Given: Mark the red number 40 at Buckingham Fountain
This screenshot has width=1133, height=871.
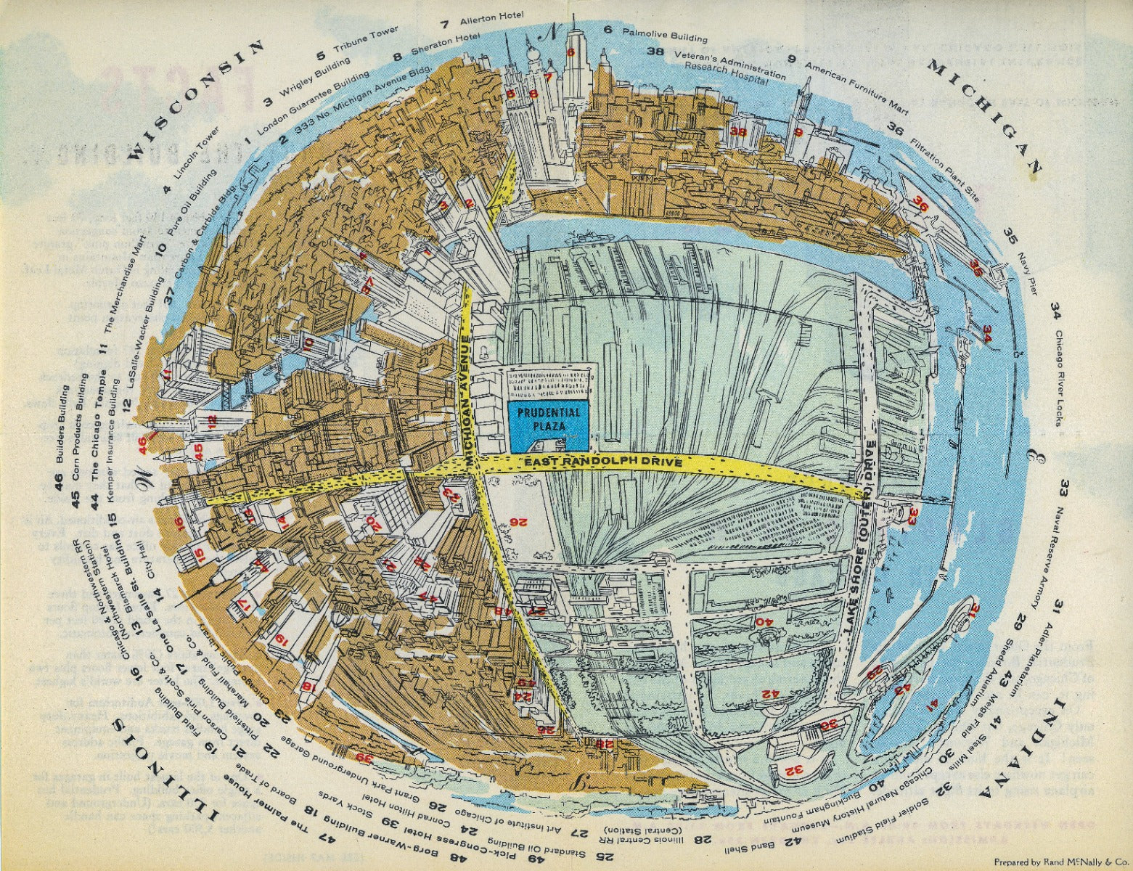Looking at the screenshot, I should [x=763, y=621].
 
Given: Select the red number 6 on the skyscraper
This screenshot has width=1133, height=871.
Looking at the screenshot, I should [x=570, y=52].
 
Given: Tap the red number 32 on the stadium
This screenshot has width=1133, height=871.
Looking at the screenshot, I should [x=794, y=769].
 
